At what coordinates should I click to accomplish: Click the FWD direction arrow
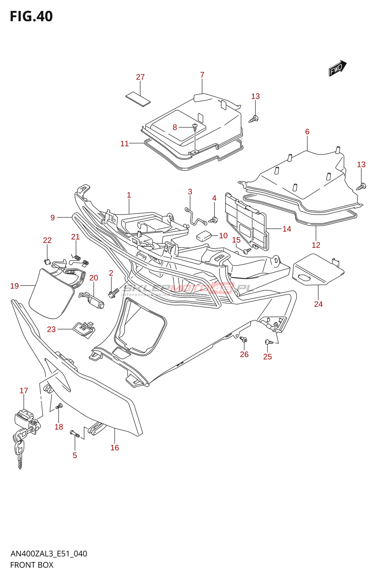click(337, 68)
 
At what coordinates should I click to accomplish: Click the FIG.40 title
click(31, 17)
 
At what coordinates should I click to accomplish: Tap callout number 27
click(140, 77)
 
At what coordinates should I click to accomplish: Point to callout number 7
click(202, 75)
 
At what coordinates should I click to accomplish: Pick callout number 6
click(307, 132)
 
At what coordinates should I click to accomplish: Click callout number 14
click(287, 229)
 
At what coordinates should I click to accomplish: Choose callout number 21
click(75, 237)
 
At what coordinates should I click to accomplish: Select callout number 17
click(24, 391)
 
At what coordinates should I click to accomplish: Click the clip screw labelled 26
click(244, 340)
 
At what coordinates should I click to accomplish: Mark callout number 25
click(267, 357)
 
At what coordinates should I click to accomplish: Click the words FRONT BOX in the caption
click(32, 565)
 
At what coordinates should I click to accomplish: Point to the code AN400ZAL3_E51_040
click(49, 554)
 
